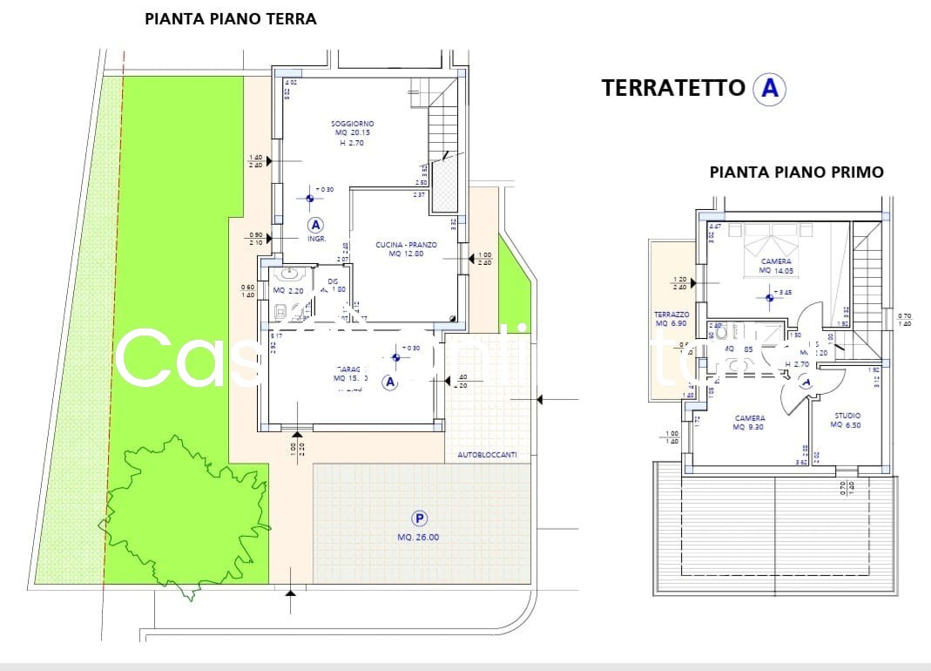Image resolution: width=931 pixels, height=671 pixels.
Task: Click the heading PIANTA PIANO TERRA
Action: coord(230,18)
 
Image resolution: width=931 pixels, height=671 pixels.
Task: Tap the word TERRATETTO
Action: coord(673,88)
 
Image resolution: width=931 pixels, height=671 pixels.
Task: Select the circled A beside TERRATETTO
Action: coord(770,88)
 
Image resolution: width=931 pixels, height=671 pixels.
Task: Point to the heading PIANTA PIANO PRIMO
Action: coord(796,173)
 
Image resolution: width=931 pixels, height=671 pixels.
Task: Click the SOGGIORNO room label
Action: coord(353,124)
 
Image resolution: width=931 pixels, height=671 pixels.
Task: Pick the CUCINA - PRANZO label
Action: coord(406,245)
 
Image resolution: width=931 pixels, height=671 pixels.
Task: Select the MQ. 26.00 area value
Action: coord(419,538)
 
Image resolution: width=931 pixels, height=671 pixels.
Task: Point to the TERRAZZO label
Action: coord(671,314)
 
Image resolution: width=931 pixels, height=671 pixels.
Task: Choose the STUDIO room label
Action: coord(847,416)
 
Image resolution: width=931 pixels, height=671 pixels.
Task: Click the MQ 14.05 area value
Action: coord(776,271)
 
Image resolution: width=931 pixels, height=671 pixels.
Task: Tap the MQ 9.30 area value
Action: coord(749,427)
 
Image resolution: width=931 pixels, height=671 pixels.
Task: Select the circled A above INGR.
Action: coord(315,224)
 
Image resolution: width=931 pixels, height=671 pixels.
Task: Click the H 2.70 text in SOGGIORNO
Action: coord(352,143)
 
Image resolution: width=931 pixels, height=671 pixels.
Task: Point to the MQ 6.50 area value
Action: coord(847,425)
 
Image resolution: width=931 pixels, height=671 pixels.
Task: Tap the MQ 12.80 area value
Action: coord(406,254)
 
